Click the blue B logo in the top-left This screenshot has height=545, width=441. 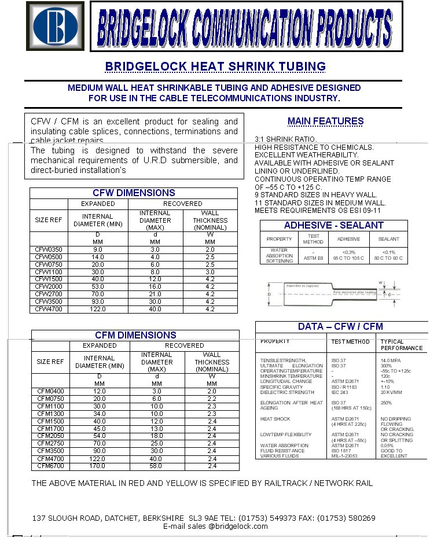pos(56,26)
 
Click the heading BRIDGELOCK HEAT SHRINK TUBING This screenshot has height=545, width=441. pos(215,67)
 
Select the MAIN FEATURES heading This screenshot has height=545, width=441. pos(325,121)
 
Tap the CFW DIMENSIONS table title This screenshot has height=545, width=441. pos(134,193)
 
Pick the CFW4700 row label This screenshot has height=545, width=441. pos(49,310)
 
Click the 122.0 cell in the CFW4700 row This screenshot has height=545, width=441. pos(98,310)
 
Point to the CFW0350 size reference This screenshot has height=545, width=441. pos(49,249)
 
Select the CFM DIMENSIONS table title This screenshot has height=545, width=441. pos(135,335)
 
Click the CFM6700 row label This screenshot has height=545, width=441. pos(50,466)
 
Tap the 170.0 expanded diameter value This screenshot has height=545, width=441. pos(99,466)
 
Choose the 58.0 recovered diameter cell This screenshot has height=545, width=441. pos(156,466)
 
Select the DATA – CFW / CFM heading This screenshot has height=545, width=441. pos(340,326)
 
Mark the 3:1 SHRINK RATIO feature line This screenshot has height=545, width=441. pos(285,139)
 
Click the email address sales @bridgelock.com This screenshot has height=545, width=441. pos(215,526)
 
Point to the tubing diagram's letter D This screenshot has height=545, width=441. pos(269,294)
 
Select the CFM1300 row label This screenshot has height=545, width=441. pos(50,414)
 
